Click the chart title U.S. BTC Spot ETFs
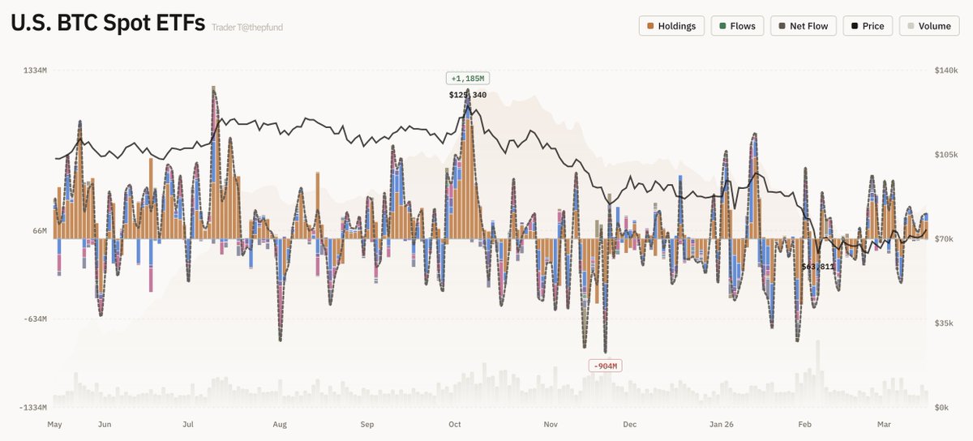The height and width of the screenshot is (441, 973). (x=107, y=24)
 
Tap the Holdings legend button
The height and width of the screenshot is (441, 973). (x=671, y=26)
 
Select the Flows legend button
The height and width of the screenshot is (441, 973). (x=737, y=26)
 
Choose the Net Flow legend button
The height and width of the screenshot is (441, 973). (x=803, y=26)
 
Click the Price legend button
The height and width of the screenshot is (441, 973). (x=868, y=26)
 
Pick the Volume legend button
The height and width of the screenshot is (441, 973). (x=928, y=26)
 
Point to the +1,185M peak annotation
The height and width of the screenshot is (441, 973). (x=468, y=79)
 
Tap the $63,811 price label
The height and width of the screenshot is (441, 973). (x=817, y=267)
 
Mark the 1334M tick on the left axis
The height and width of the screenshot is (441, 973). (x=35, y=71)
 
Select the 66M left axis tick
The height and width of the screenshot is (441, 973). (x=39, y=232)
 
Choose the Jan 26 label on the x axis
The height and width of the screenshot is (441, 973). (x=722, y=424)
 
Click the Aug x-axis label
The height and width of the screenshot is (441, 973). (x=280, y=424)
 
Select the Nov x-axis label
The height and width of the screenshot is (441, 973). (x=551, y=424)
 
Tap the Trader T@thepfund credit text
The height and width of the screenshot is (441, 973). (x=247, y=28)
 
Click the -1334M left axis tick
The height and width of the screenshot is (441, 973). (x=33, y=408)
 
